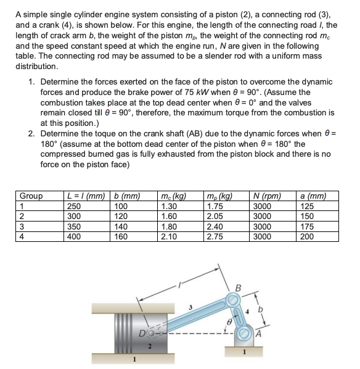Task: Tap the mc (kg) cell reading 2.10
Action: pyautogui.click(x=168, y=236)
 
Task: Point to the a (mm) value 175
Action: pyautogui.click(x=306, y=226)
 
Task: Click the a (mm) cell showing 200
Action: pyautogui.click(x=306, y=236)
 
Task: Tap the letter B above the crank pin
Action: pyautogui.click(x=239, y=286)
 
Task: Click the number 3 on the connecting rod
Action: pyautogui.click(x=190, y=307)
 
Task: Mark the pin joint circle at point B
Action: pyautogui.click(x=232, y=299)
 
